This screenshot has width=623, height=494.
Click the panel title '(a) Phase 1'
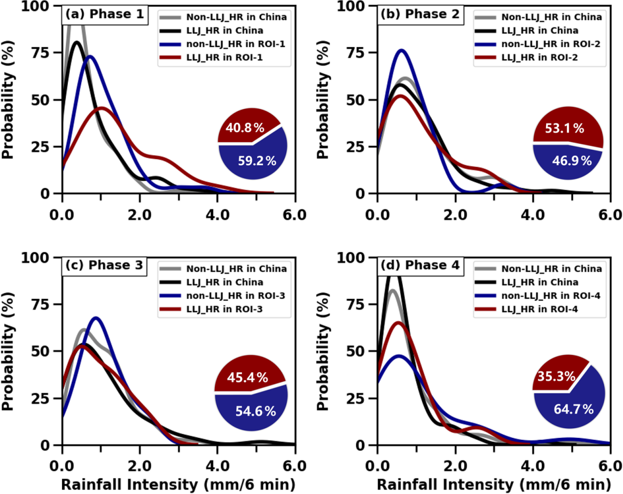104,14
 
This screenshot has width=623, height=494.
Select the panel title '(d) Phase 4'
419,266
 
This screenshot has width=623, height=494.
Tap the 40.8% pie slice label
244,128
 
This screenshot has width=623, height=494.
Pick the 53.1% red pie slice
564,128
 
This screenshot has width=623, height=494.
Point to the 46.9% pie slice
570,160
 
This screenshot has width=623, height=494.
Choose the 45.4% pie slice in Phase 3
247,378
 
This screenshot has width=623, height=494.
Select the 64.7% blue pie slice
575,410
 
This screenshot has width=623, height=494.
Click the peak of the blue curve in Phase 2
401,51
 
